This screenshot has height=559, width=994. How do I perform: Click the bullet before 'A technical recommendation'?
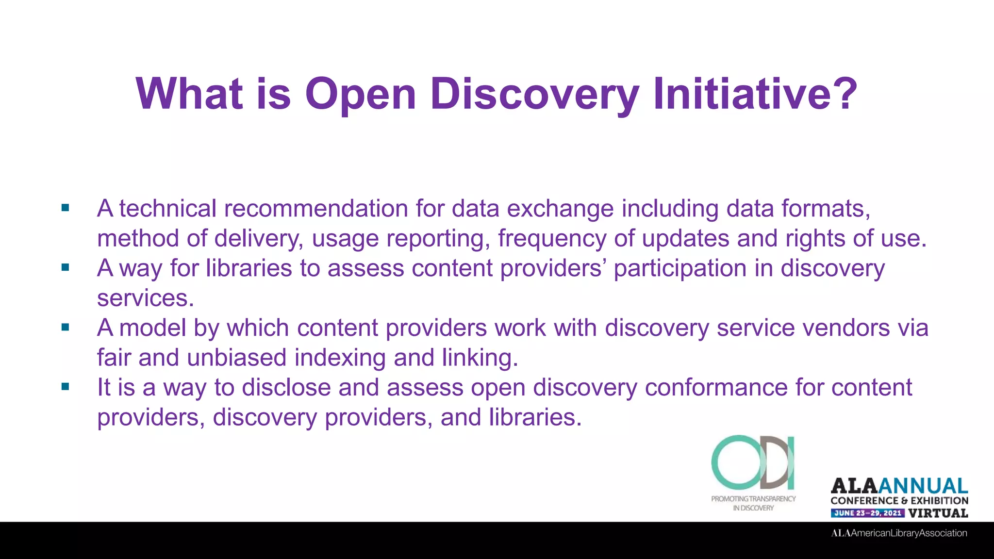[66, 208]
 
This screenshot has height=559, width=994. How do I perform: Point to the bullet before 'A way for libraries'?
[66, 267]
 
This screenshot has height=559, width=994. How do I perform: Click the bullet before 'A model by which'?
[66, 327]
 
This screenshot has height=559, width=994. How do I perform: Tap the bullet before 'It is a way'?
[66, 387]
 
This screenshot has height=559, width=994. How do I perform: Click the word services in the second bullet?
[145, 298]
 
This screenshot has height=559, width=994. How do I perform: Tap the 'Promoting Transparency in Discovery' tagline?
[753, 503]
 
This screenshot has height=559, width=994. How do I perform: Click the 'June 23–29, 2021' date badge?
[867, 513]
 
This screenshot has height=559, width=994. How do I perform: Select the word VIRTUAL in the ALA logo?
[938, 513]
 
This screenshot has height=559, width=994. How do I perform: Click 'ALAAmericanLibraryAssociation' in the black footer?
[899, 533]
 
